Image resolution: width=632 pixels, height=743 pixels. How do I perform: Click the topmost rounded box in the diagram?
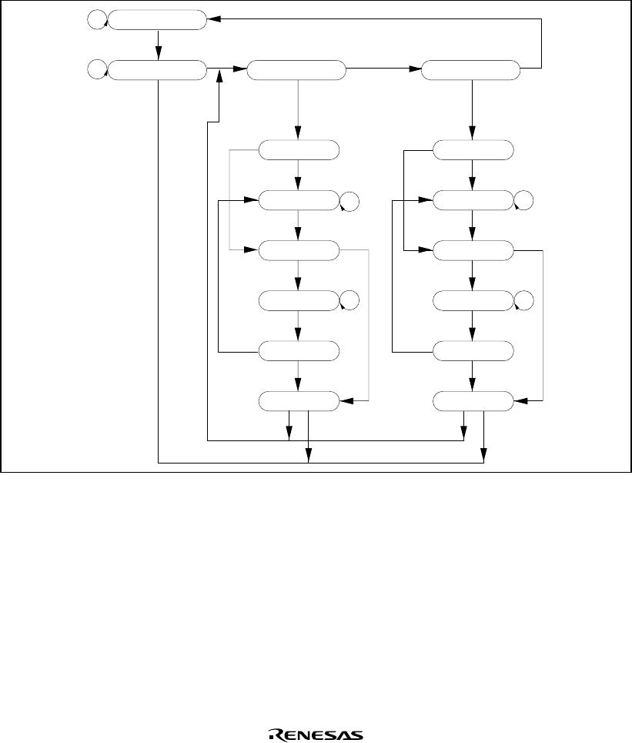pos(157,20)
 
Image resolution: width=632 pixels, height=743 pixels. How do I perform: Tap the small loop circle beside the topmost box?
pos(97,21)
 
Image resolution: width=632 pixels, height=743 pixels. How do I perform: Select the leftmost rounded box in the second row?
pos(157,71)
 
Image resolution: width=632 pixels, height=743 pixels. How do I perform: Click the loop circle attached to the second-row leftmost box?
pos(97,71)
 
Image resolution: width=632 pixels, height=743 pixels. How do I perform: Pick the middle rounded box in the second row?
pos(297,71)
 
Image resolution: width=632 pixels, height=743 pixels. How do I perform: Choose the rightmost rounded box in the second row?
pos(471,71)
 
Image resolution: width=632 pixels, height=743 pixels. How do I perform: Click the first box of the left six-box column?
pos(298,150)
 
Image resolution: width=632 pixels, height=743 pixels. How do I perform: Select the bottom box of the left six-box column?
pos(298,401)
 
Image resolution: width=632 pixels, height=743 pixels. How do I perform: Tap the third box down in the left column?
pos(298,251)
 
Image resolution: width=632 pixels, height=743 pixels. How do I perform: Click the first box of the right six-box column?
pos(472,150)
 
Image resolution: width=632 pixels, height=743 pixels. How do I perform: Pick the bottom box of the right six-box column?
pos(472,401)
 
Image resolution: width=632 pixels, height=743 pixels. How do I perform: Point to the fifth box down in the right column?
pos(472,351)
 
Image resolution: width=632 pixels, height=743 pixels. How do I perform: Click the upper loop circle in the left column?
pos(349,202)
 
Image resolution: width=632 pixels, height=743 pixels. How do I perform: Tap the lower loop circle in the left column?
pos(349,301)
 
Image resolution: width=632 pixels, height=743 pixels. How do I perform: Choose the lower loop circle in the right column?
pos(523,301)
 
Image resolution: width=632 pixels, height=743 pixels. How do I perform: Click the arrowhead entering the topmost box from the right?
pos(213,20)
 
